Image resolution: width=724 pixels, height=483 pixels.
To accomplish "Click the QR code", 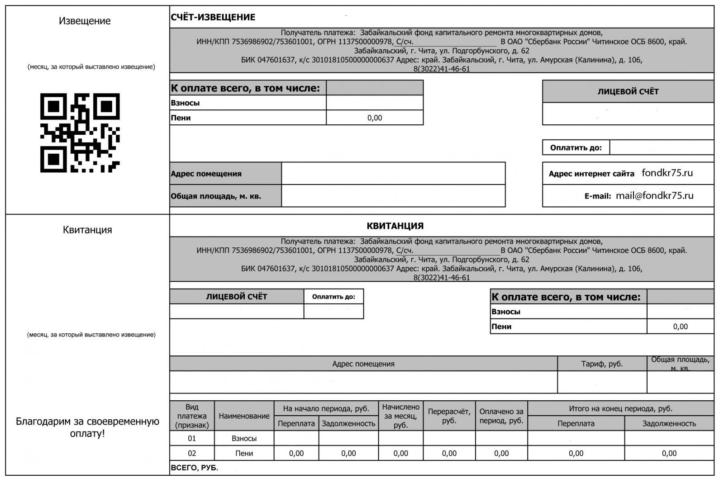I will click(x=80, y=133).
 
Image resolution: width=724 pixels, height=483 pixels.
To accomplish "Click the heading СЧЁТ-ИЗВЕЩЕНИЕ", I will click(x=213, y=17).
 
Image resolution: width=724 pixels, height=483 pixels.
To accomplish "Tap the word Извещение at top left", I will click(x=85, y=21).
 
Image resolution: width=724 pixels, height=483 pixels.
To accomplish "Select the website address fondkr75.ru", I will click(x=667, y=173).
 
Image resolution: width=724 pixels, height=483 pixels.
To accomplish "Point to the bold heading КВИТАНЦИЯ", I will click(x=395, y=226).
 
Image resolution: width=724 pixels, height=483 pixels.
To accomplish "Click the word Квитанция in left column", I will click(x=87, y=230).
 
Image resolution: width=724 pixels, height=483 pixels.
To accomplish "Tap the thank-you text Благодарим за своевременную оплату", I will click(x=87, y=427).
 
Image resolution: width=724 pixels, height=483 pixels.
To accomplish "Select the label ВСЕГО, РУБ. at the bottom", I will click(x=195, y=468).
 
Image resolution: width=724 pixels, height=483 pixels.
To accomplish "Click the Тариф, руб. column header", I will click(x=602, y=364).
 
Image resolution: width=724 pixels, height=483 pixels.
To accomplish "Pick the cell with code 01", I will click(x=192, y=438).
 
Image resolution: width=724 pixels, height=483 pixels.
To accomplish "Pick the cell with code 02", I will click(x=192, y=453).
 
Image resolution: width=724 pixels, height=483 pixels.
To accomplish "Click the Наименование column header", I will click(x=244, y=416).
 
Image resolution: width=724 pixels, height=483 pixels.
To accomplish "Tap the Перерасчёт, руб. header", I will click(x=449, y=416).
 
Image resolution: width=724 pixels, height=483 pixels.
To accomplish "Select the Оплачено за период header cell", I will click(x=501, y=416).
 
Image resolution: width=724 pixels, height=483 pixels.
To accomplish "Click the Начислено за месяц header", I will click(x=400, y=416).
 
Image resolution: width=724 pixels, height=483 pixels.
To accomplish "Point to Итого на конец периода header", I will click(x=620, y=408).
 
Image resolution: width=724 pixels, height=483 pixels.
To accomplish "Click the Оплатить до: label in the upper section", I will click(x=576, y=147).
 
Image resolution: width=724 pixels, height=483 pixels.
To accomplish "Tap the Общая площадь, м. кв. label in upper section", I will click(x=216, y=196).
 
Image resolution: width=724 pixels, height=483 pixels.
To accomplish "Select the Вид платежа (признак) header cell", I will click(x=192, y=416).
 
